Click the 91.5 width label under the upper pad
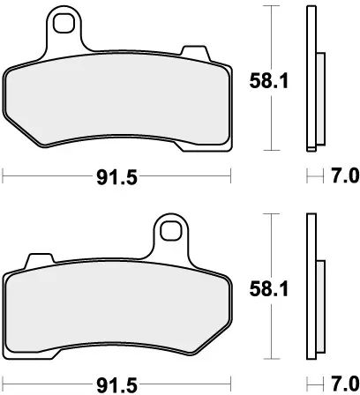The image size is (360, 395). point(116,176)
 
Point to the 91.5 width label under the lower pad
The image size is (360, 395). point(116,385)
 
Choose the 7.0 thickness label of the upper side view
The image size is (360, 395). point(343,176)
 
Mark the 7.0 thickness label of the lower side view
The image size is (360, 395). point(343,385)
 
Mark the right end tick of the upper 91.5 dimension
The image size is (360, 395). point(231,175)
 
